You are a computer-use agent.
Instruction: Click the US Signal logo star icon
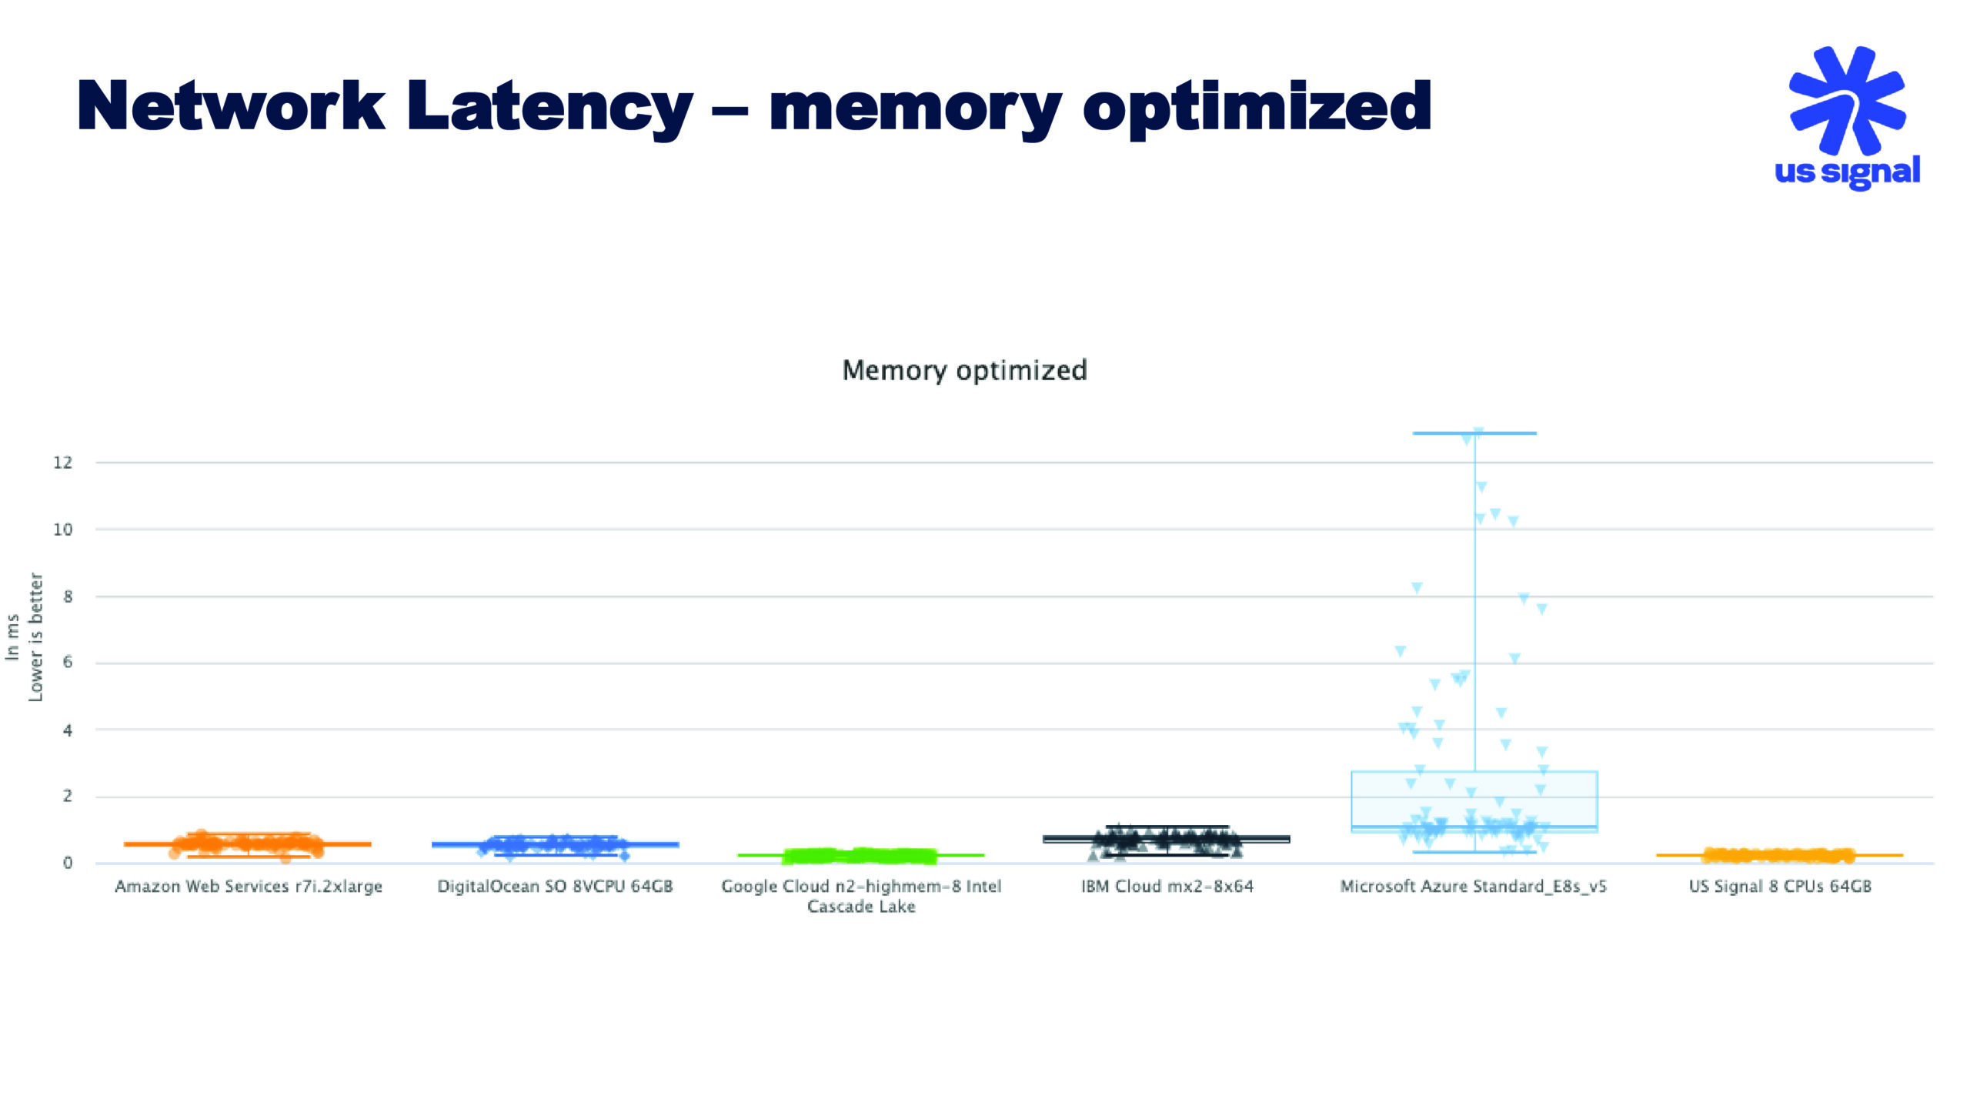click(x=1847, y=100)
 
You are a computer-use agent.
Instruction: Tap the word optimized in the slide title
click(x=1257, y=108)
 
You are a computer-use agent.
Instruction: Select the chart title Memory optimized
click(x=964, y=370)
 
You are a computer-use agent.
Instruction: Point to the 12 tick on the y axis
click(x=63, y=463)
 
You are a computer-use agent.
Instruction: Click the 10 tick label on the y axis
click(x=63, y=529)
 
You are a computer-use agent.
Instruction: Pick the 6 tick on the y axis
click(x=68, y=663)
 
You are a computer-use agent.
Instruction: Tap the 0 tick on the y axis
click(x=68, y=863)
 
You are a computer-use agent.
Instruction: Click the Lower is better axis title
click(x=35, y=637)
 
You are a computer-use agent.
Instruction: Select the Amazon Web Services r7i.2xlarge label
click(x=249, y=887)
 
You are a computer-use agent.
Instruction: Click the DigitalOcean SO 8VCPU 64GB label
click(x=555, y=887)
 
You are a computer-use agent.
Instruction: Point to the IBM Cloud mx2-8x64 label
click(x=1167, y=887)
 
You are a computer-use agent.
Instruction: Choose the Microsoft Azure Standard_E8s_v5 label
click(x=1474, y=887)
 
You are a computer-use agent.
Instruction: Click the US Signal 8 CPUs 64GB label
click(x=1780, y=887)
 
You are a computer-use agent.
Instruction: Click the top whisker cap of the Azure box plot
click(x=1474, y=433)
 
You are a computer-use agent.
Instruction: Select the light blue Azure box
click(x=1474, y=800)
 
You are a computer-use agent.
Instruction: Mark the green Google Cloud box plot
click(x=860, y=855)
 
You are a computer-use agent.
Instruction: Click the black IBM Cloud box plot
click(x=1167, y=840)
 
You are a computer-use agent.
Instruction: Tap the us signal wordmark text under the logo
click(x=1847, y=172)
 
